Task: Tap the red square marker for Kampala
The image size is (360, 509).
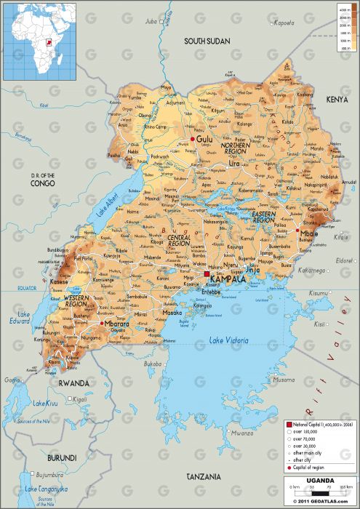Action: (207, 274)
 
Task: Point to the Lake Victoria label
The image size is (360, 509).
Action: (228, 340)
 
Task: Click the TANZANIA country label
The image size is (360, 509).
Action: (203, 476)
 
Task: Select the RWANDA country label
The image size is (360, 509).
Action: (75, 382)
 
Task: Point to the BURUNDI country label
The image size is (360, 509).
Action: (61, 457)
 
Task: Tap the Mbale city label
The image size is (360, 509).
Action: (311, 234)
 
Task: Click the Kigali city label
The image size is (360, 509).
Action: (79, 399)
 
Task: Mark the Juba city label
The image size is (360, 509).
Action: (151, 22)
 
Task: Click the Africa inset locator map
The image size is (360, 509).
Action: (41, 40)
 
